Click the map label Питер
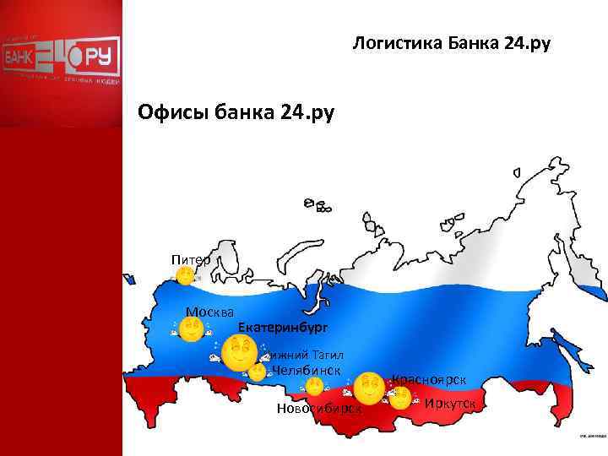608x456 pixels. (x=190, y=258)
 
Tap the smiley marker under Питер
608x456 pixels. (x=185, y=275)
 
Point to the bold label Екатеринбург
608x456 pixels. (x=282, y=326)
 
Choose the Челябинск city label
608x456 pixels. (x=307, y=371)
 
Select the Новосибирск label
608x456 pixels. (x=318, y=408)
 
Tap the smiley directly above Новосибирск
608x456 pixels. (x=313, y=387)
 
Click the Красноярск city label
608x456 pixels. (x=429, y=379)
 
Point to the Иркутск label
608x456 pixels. (x=450, y=404)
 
